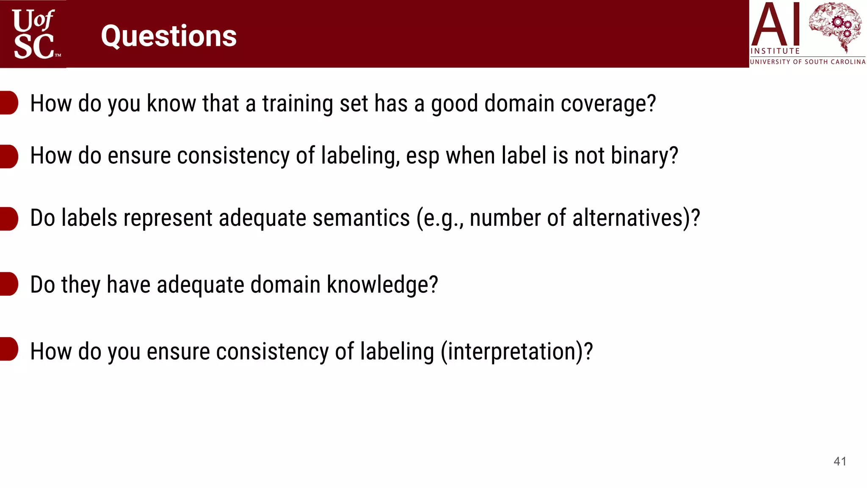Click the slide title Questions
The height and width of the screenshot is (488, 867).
click(168, 36)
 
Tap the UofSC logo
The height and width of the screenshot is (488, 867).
click(34, 34)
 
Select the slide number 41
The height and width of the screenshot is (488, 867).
click(840, 461)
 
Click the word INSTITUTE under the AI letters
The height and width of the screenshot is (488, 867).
click(775, 51)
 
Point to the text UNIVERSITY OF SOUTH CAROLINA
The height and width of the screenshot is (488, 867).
click(808, 62)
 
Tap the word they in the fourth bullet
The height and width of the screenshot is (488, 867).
click(81, 285)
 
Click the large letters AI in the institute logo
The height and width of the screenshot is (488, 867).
click(775, 25)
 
